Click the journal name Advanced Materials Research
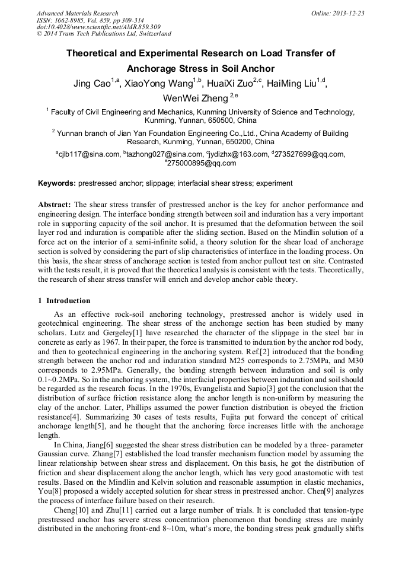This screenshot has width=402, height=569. pos(77,13)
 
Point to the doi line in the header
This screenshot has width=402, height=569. pos(98,27)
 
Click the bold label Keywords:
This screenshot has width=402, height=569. pos(57,183)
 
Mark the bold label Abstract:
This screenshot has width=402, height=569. pos(55,204)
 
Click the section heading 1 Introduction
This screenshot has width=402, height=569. pos(64,301)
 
